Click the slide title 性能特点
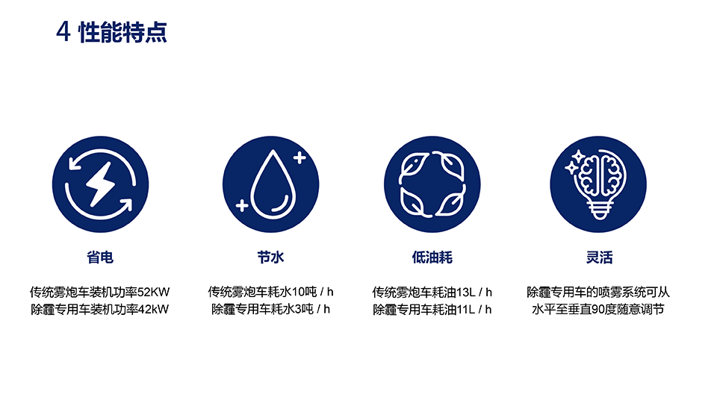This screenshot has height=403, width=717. point(123,32)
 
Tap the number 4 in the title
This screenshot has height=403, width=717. point(63,32)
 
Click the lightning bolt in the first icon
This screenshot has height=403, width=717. point(101,184)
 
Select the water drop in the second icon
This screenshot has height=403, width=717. point(273,184)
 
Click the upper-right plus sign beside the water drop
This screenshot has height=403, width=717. point(299,157)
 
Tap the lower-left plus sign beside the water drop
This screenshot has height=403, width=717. point(242,206)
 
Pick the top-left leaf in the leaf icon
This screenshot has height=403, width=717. point(413,166)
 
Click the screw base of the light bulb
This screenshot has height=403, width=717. point(599,210)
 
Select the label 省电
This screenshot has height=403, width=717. point(100,257)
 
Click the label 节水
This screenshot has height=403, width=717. point(270,257)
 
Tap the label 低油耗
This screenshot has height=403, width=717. point(432,257)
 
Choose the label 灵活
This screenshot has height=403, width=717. point(600,257)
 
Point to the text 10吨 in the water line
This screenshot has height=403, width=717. point(304,292)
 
